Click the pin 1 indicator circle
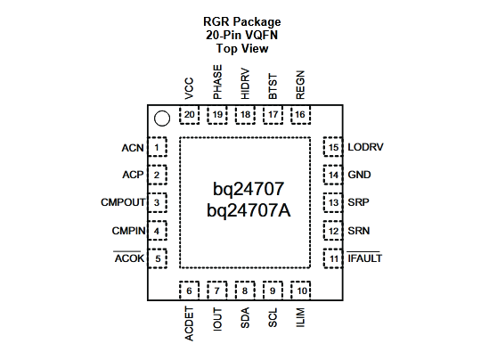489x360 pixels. [162, 119]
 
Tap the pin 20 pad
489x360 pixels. [190, 115]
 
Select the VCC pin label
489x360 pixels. [189, 88]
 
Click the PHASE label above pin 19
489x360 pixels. [217, 82]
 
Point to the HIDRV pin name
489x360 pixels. [246, 84]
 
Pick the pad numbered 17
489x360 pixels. [273, 115]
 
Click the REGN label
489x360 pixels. [300, 85]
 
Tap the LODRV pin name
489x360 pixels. [365, 147]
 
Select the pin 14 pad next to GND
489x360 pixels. [333, 175]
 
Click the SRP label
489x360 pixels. [358, 202]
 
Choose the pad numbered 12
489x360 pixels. [333, 231]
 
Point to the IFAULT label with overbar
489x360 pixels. [364, 258]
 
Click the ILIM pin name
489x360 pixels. [300, 317]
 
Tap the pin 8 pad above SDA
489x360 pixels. [245, 290]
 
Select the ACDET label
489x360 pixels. [189, 323]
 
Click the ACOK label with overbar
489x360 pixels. [129, 258]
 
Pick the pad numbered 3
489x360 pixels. [157, 202]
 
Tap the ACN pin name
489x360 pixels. [133, 148]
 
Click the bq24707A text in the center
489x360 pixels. [249, 210]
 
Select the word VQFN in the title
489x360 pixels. [261, 35]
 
